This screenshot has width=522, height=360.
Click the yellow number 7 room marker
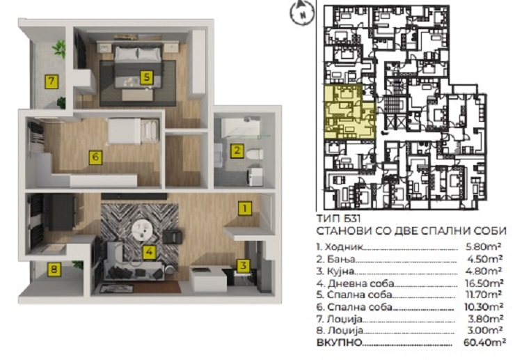coord(52,81)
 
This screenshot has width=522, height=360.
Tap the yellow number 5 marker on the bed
coord(146,77)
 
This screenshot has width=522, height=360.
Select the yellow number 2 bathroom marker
coord(237,150)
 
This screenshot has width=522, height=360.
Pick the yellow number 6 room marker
coord(95,157)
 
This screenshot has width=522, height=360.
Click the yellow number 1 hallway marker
coord(245,208)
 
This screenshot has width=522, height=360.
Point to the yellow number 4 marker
coord(149,252)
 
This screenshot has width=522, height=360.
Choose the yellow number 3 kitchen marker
coord(244,266)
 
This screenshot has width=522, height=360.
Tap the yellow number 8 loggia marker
coord(54,269)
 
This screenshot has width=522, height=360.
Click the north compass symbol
coord(302,13)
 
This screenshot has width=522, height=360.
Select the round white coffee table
coord(143,230)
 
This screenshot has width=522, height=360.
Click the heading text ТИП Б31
coord(338,219)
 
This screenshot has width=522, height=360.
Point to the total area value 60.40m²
coord(484,342)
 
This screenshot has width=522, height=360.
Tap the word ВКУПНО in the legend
coord(339,343)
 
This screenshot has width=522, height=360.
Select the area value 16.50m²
coord(484,283)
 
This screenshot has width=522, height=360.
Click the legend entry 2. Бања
coord(335,259)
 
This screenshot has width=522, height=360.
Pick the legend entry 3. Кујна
coord(335,272)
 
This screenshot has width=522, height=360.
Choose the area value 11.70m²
coord(484,295)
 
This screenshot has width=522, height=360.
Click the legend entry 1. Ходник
coord(339,246)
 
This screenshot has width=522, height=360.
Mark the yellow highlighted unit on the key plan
coord(349,112)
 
